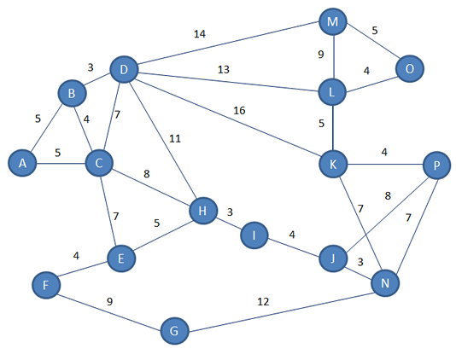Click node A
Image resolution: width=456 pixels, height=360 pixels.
coord(22,163)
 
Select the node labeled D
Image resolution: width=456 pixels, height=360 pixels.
coord(124,69)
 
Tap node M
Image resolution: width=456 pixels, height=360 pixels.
coord(333,21)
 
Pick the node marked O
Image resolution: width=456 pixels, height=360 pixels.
coord(410,69)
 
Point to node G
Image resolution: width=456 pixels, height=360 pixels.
coord(174,331)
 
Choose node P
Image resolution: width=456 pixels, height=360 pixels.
coord(437,165)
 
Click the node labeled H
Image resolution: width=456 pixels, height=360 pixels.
coord(203,211)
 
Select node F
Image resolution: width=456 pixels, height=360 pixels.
coord(46,285)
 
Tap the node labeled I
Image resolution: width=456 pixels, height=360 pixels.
coord(254,235)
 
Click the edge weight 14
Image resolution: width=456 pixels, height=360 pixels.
coord(200,34)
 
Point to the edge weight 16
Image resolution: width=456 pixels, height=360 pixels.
coord(239,110)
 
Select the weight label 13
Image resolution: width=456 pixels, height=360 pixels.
coord(224,69)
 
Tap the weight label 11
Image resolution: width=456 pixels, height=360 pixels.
coord(175,138)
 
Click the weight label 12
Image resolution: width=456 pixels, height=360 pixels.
coord(263,302)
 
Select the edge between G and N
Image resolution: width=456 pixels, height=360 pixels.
coord(281,312)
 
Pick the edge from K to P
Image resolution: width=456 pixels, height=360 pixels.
coord(385,165)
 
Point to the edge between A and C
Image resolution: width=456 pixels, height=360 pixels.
coord(61,163)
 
